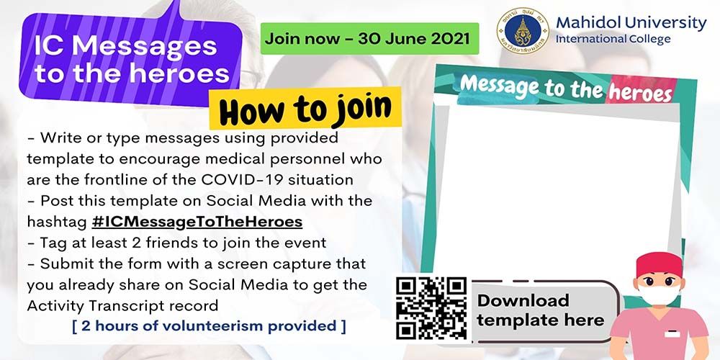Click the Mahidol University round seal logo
click(523, 30)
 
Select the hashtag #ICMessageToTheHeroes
click(197, 222)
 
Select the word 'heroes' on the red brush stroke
click(639, 92)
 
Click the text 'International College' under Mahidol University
click(613, 39)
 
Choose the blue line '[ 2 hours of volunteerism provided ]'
click(209, 326)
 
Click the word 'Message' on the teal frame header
click(501, 86)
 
